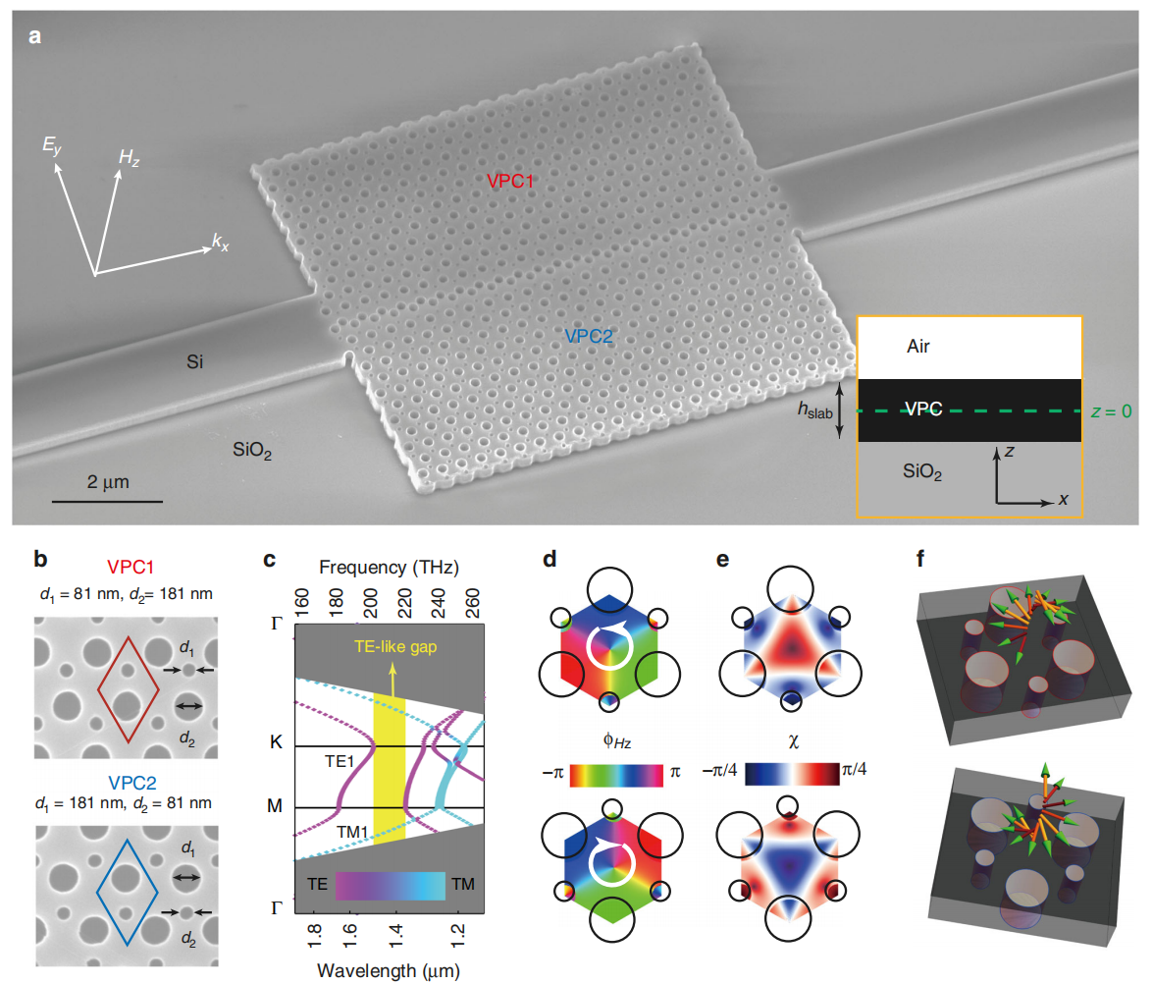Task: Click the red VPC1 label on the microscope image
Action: [x=511, y=182]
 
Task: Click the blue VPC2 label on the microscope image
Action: [x=589, y=336]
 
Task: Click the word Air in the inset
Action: [x=917, y=348]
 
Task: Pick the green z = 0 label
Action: [x=1112, y=411]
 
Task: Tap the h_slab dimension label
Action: [x=813, y=412]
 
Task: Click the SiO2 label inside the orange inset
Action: [x=922, y=472]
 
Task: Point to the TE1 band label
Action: [x=340, y=760]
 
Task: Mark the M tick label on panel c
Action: [x=276, y=808]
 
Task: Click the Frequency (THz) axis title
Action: [x=391, y=568]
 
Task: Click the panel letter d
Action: [x=550, y=561]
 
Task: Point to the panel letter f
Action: [x=919, y=561]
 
